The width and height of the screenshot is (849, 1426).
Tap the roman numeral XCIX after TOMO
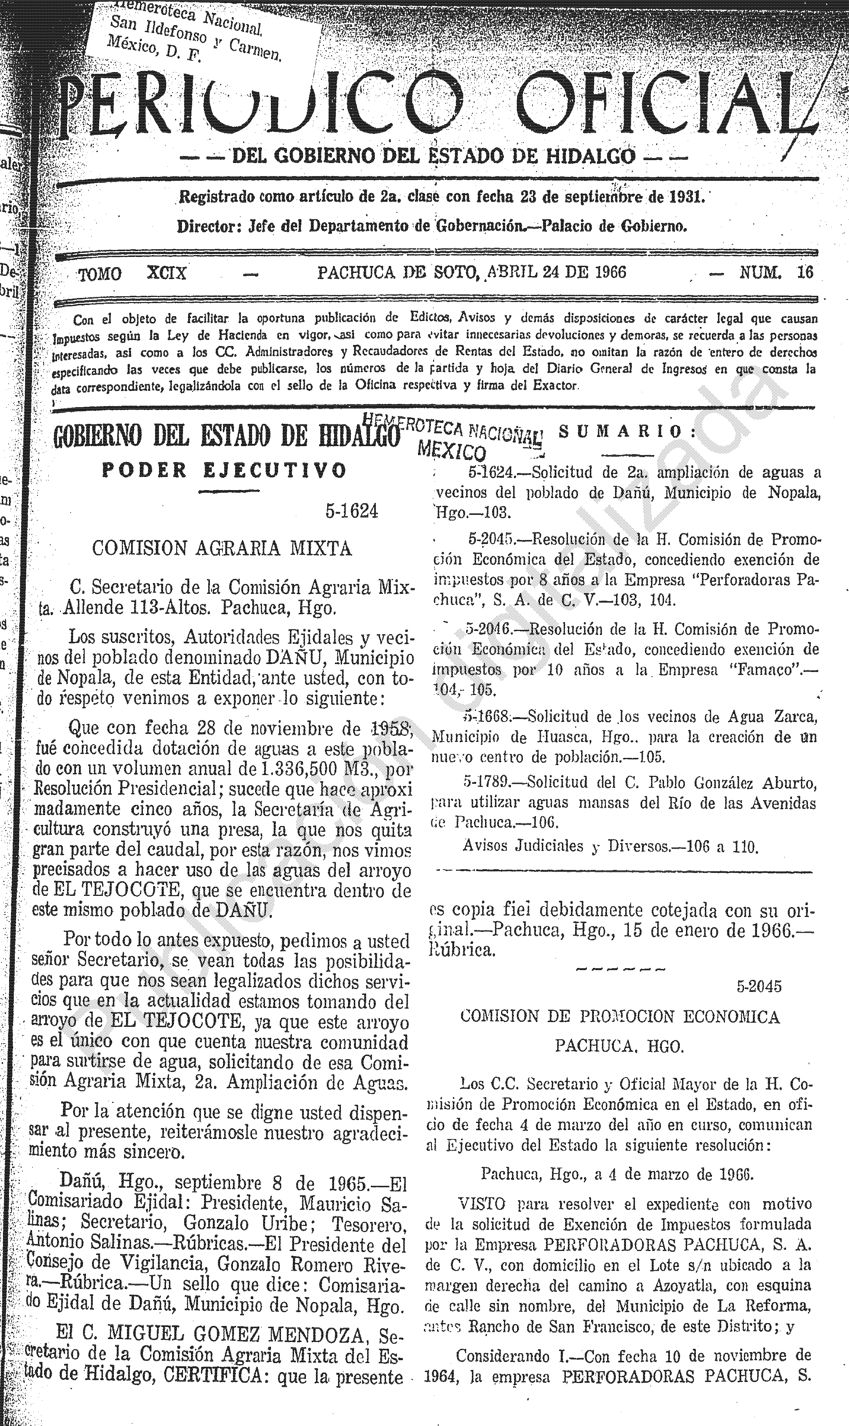166,273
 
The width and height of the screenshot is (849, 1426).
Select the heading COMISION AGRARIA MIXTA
222,549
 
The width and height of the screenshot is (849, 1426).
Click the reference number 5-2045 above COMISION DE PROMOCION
759,986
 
